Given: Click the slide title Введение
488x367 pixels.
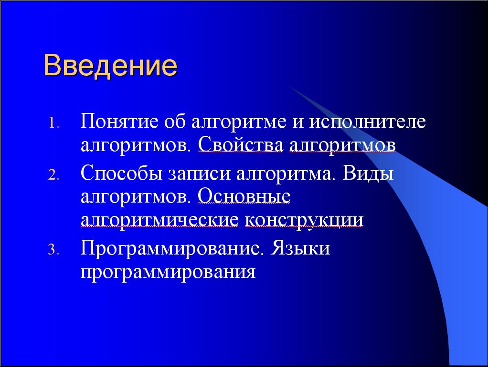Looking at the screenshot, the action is (110, 66).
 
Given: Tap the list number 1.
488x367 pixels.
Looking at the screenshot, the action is (53, 123).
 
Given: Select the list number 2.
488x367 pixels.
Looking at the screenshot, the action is (53, 175).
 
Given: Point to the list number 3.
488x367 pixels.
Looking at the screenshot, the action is (53, 250).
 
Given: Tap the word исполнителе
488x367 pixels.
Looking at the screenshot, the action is (368, 122).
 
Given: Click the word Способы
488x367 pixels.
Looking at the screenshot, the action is (122, 173).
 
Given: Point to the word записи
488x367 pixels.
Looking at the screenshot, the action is (200, 174).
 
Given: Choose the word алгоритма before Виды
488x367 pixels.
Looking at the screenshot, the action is (284, 174).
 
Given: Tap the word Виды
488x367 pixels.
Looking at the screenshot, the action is (368, 173).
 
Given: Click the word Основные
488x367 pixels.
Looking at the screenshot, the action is (244, 196).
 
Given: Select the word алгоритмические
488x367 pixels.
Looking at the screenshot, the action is (159, 220).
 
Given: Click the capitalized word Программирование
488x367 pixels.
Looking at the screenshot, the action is (170, 249).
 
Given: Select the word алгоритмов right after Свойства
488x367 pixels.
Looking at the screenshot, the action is (342, 145).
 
